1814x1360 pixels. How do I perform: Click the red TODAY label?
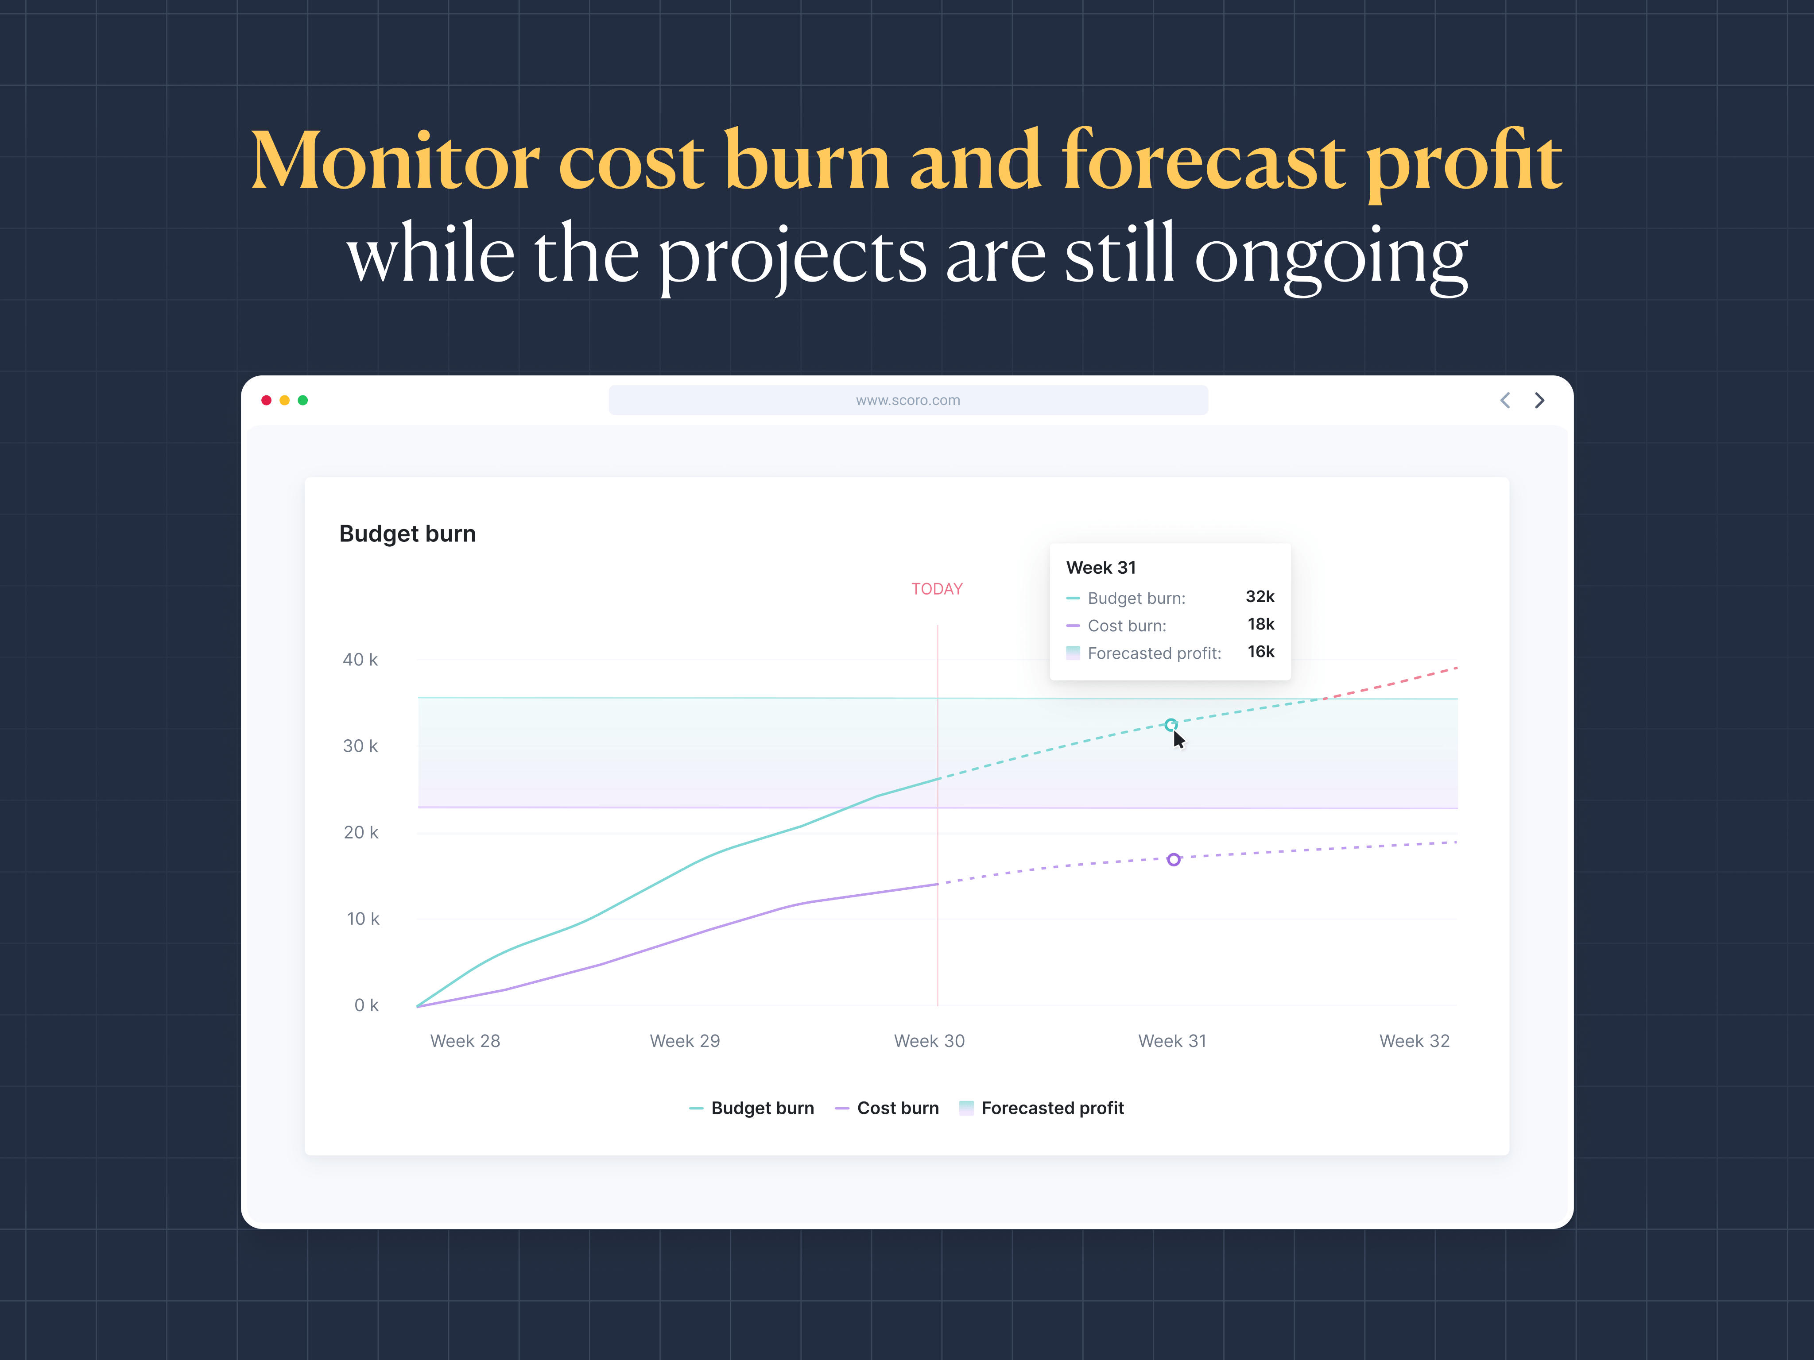(937, 589)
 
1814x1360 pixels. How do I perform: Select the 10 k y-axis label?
(362, 918)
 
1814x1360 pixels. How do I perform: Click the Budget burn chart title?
(407, 533)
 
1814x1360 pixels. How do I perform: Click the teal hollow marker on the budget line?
(1171, 725)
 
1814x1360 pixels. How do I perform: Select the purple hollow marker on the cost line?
(1174, 859)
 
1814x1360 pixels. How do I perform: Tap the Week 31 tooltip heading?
(1101, 567)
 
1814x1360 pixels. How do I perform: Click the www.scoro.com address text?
(908, 400)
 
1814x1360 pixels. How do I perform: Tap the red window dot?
(267, 400)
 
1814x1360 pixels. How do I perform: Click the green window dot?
(302, 400)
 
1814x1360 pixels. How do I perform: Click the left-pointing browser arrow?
(1505, 400)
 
